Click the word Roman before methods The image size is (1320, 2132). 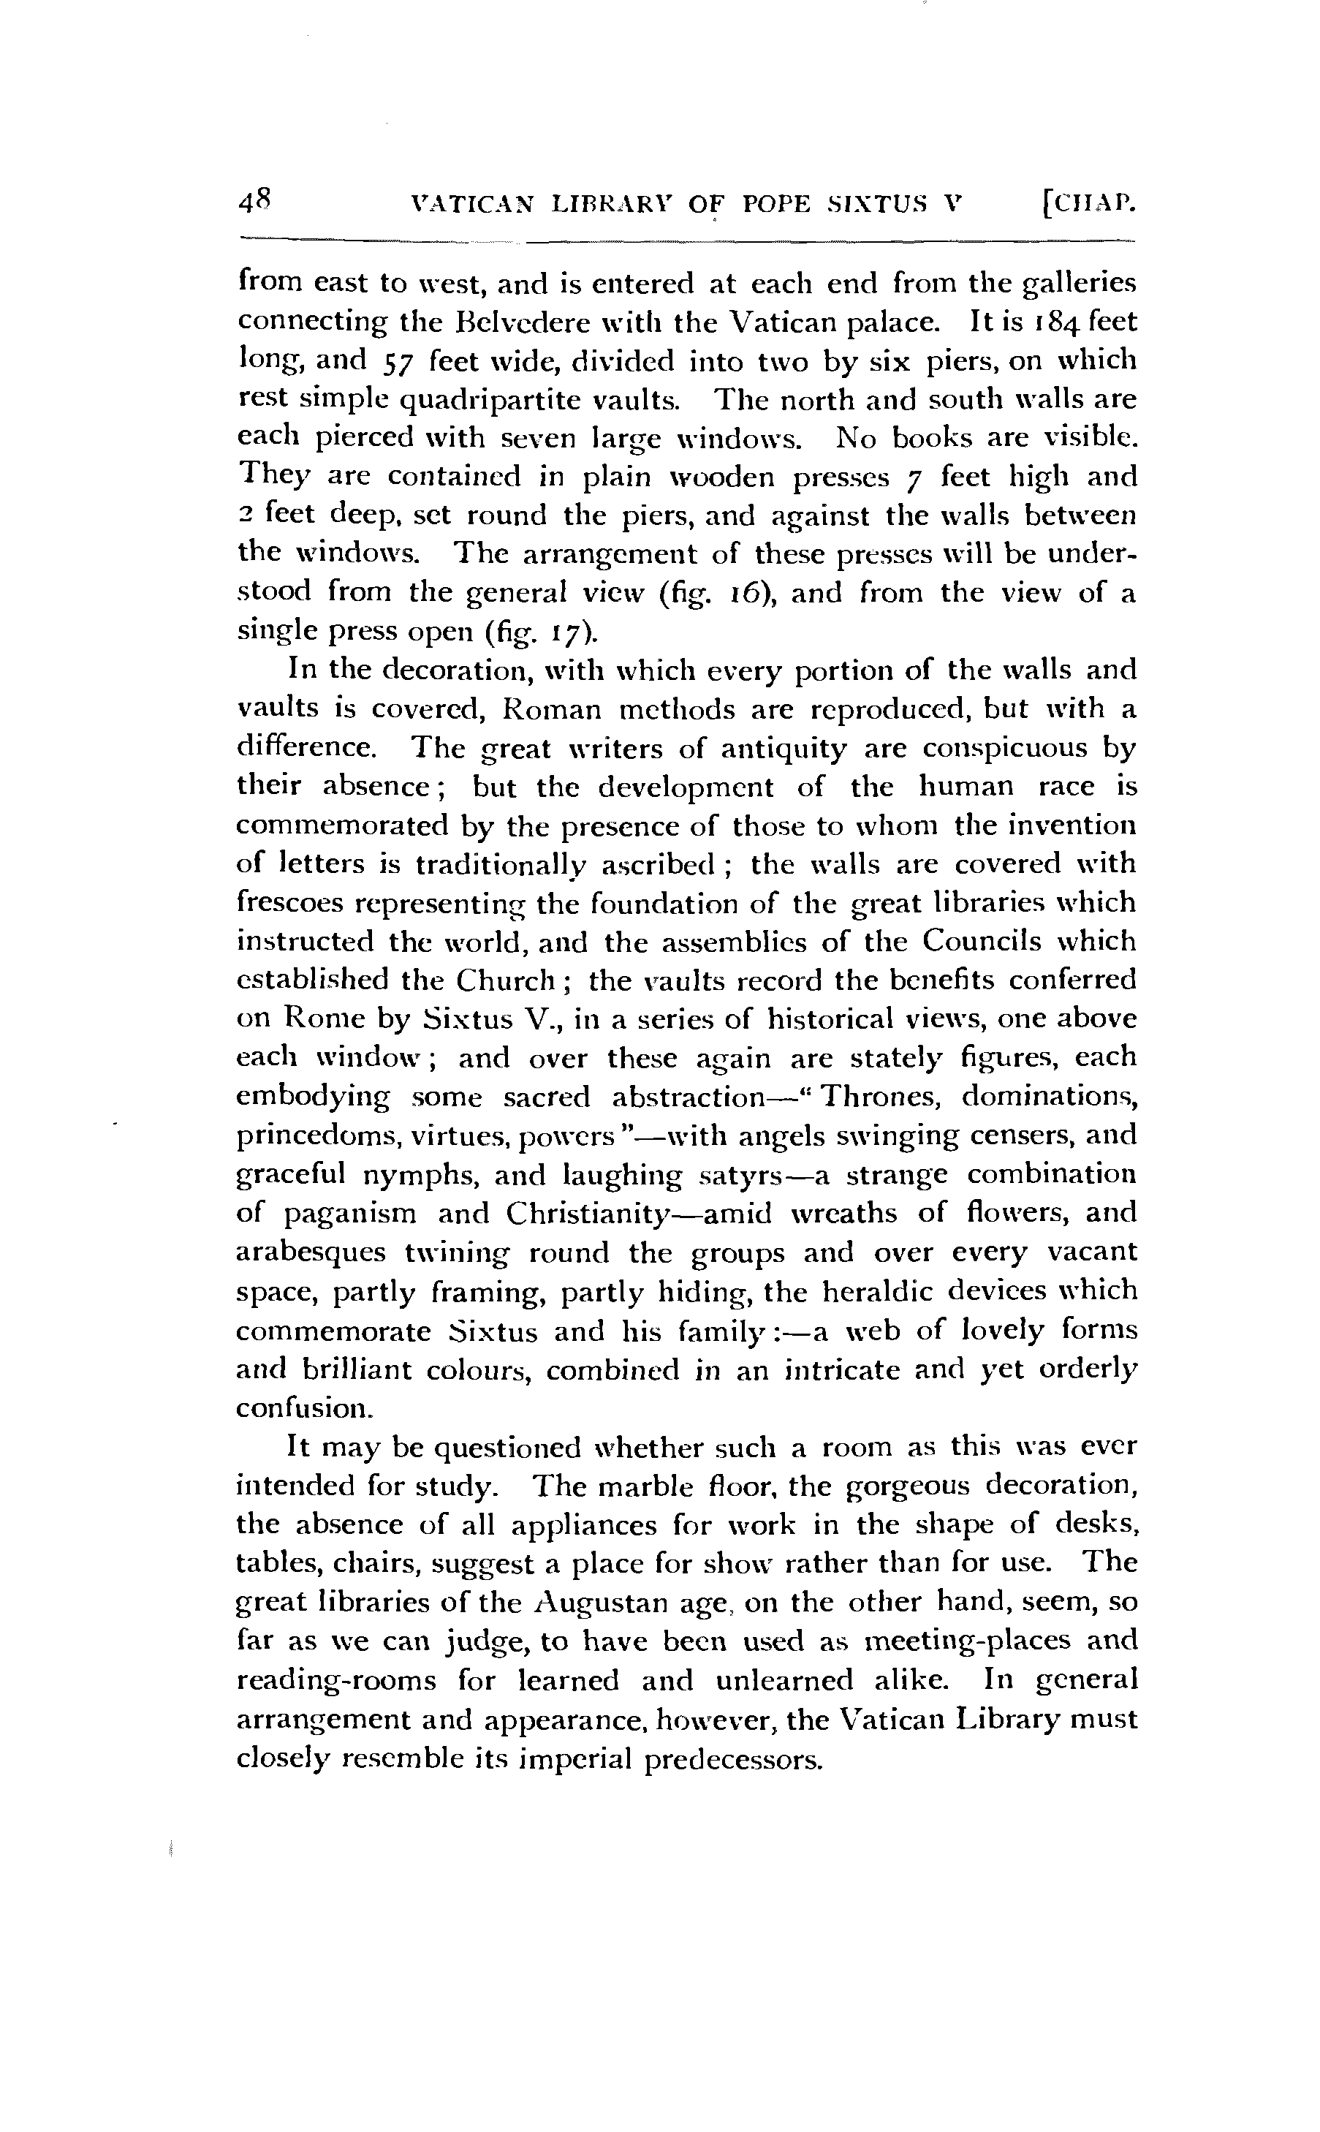[552, 709]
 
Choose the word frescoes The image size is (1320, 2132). [293, 902]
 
